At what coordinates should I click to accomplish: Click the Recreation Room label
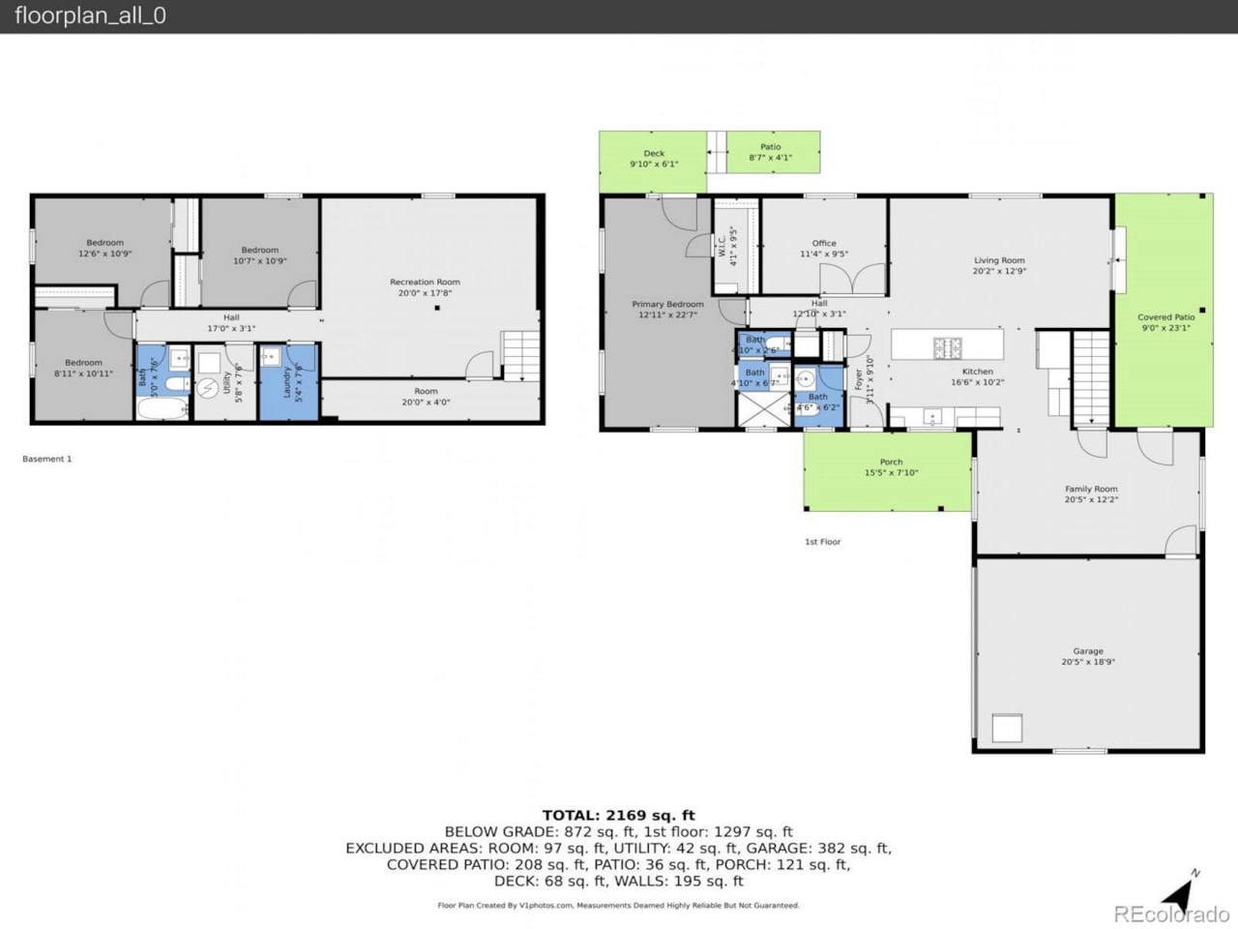click(x=425, y=283)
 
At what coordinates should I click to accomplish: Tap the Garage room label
click(x=1087, y=652)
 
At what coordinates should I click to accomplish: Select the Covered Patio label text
click(x=1165, y=317)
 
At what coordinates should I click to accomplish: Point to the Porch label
click(x=891, y=463)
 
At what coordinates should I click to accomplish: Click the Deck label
click(x=654, y=154)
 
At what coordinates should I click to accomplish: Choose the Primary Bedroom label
click(x=667, y=304)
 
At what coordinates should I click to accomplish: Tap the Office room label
click(x=824, y=244)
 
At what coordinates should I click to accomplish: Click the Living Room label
click(x=999, y=261)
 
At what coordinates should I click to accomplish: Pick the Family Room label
click(x=1091, y=490)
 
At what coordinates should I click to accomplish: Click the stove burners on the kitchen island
click(x=947, y=345)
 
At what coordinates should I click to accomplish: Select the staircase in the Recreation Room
click(x=519, y=354)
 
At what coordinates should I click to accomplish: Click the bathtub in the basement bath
click(x=162, y=406)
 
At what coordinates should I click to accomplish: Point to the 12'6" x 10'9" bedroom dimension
click(x=104, y=254)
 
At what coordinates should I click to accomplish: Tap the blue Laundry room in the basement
click(x=288, y=382)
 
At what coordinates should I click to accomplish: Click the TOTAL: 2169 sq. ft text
click(x=618, y=815)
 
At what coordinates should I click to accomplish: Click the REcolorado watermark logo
click(x=1170, y=914)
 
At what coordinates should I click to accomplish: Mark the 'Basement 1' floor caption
click(x=47, y=459)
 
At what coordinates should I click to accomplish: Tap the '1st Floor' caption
click(x=822, y=542)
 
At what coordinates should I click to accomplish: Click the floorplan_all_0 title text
click(x=90, y=16)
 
